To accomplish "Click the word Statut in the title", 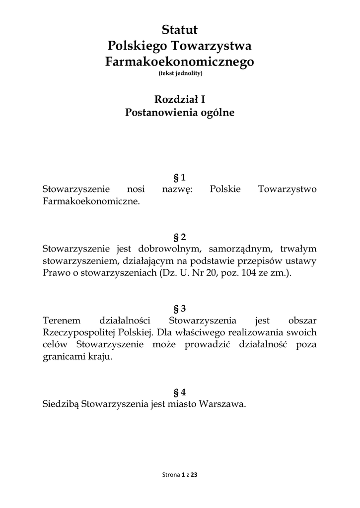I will pos(180,30).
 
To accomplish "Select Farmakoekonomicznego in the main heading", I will pos(180,62).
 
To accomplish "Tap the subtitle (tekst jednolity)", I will pos(180,73).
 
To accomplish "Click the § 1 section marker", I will pos(180,178).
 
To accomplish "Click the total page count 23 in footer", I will pos(194,475).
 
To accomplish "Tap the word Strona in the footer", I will pos(171,475).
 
